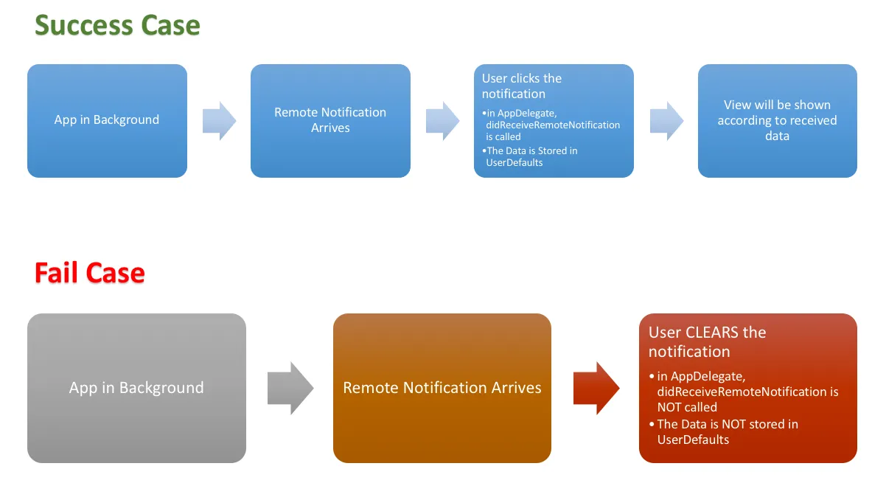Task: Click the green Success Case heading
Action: point(117,26)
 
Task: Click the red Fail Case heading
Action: point(89,274)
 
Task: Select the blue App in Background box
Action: point(107,120)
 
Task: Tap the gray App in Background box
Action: point(136,388)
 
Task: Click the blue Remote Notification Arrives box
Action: point(330,120)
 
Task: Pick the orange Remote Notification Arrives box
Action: point(442,388)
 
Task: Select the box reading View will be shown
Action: point(777,120)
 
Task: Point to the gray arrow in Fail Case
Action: point(290,388)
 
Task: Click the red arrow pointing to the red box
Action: point(596,388)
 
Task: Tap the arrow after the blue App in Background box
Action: point(219,120)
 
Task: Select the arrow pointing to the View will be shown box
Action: point(666,120)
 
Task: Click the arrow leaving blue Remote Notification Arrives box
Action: point(442,120)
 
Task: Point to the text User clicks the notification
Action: point(521,86)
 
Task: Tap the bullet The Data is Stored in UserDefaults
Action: point(532,156)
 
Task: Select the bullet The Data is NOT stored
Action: point(728,431)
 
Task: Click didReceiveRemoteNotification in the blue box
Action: point(553,125)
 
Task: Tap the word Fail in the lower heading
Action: point(58,274)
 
